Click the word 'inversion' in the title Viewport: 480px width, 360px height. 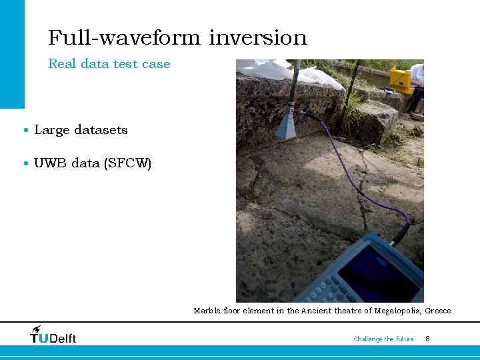click(257, 37)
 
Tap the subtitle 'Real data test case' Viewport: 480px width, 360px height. click(109, 64)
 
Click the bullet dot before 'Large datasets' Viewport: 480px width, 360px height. click(25, 131)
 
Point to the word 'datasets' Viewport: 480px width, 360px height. click(101, 130)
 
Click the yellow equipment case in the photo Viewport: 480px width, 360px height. click(401, 80)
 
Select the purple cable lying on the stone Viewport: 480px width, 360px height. click(360, 180)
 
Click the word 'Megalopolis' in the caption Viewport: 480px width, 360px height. click(398, 311)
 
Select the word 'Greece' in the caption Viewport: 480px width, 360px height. click(438, 311)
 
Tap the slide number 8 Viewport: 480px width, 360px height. click(427, 339)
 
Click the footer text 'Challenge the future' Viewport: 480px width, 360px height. click(383, 339)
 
